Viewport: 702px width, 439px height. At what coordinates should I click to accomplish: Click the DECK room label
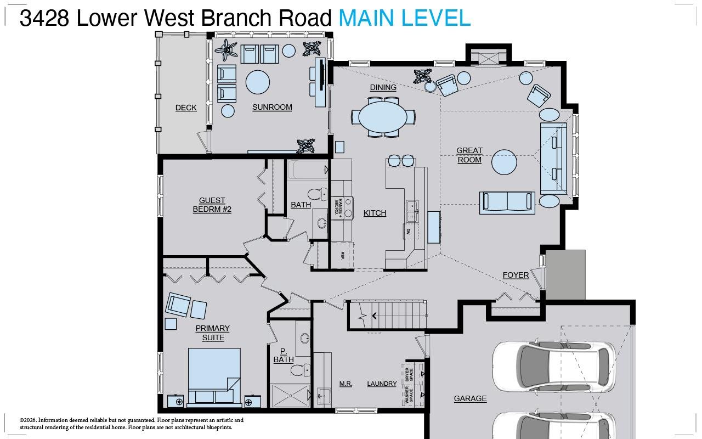click(186, 108)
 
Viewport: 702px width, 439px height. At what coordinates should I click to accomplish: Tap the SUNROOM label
click(272, 107)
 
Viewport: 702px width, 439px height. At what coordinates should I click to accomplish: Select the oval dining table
click(383, 117)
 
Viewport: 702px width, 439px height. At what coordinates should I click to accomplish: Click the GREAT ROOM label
click(469, 155)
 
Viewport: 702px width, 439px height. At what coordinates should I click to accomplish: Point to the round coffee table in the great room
click(504, 162)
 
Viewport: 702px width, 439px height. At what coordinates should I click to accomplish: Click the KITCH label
click(375, 213)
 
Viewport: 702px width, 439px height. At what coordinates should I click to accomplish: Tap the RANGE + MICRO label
click(339, 207)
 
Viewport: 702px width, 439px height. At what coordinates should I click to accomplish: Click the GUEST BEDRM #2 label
click(212, 205)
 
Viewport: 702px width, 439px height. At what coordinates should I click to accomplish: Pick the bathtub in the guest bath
click(308, 170)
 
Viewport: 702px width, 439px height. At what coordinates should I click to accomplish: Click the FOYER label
click(516, 275)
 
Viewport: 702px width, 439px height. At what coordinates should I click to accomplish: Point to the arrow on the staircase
click(375, 316)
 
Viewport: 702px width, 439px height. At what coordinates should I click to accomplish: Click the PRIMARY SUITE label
click(213, 333)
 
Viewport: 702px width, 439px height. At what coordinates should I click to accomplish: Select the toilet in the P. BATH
click(300, 370)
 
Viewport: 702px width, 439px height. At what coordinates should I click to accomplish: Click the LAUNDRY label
click(382, 384)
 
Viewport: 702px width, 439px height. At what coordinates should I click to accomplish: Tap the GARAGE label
click(470, 398)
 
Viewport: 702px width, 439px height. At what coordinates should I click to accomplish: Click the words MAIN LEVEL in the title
click(404, 18)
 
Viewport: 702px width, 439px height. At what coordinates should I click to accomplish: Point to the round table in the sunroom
click(257, 82)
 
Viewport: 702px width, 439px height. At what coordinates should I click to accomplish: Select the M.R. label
click(346, 384)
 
